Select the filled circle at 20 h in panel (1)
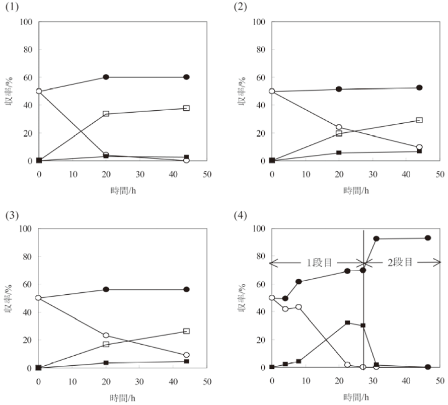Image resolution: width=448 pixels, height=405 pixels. click(x=106, y=77)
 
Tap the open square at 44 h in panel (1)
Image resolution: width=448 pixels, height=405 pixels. click(x=186, y=108)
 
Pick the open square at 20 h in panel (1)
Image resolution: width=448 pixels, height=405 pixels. click(x=106, y=114)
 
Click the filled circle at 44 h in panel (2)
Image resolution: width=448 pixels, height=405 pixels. click(x=419, y=88)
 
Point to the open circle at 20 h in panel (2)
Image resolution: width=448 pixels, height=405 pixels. click(x=339, y=127)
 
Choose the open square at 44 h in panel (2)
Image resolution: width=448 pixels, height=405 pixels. click(x=419, y=120)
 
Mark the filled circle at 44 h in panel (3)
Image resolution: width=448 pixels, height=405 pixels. click(x=186, y=289)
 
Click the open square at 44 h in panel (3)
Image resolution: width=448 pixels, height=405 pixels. click(x=186, y=331)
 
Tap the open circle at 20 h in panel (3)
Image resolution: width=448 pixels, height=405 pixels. click(x=106, y=335)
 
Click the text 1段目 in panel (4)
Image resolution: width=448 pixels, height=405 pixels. click(x=318, y=262)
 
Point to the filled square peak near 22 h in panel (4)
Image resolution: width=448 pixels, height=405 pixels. click(x=347, y=322)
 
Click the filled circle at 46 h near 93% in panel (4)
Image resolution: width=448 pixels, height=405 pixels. click(x=427, y=238)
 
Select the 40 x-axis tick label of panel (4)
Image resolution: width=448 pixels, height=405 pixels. click(x=406, y=381)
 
